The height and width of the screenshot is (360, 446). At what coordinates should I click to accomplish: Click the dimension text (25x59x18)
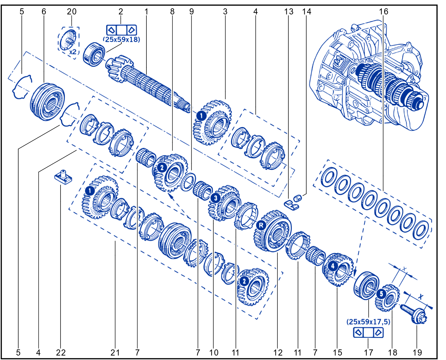point(121,40)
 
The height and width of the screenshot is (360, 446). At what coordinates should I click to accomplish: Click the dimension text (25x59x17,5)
point(368,322)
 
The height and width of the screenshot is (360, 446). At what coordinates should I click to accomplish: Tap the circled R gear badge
point(261,225)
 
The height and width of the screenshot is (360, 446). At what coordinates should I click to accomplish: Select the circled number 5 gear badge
point(381,294)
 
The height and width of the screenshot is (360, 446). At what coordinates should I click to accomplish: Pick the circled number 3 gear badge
point(216,198)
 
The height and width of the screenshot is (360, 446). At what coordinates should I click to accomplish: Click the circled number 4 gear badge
point(333,266)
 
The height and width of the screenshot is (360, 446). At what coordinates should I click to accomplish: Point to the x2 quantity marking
point(73,52)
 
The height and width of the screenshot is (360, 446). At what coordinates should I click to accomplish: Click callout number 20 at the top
point(72,11)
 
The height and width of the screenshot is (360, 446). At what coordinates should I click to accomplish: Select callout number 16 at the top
point(384,11)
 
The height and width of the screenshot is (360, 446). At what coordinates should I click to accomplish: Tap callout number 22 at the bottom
point(61,353)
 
